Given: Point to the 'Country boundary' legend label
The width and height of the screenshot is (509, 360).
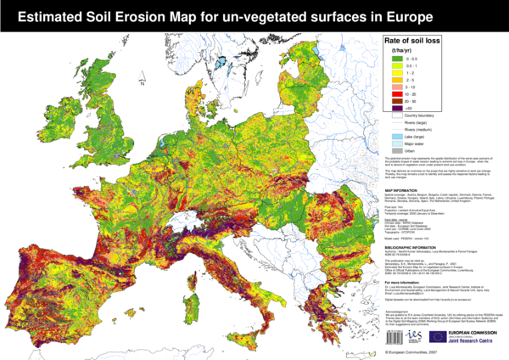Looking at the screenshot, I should click(415, 116).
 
